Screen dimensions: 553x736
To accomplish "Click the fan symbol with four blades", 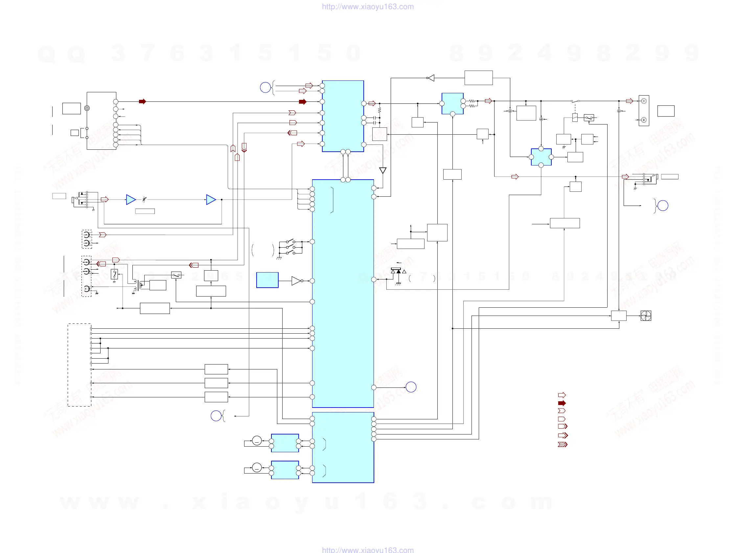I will point(646,316).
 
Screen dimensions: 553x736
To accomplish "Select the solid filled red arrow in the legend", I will point(562,403).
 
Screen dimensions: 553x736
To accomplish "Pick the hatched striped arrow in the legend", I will point(562,444).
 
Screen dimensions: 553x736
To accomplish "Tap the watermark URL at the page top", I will point(368,7).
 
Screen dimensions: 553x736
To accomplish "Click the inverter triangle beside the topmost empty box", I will point(431,78).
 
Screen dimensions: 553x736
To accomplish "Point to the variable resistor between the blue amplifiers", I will point(144,199).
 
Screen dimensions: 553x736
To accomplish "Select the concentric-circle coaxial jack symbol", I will point(87,108).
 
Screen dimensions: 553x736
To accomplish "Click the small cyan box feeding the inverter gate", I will point(267,280).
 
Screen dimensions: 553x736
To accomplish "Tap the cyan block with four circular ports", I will point(541,157).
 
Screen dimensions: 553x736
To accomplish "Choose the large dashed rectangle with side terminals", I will point(79,365).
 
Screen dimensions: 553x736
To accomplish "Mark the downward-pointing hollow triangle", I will point(383,170).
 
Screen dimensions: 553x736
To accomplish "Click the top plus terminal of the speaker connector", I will point(644,101).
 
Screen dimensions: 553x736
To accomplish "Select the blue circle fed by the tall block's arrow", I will point(411,387).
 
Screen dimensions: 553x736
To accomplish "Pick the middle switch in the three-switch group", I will point(290,247).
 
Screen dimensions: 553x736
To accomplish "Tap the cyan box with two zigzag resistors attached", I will point(452,103).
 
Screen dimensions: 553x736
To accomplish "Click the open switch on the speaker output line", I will point(575,101).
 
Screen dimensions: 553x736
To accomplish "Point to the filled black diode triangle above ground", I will point(399,272).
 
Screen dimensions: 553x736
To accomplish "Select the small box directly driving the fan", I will point(619,316).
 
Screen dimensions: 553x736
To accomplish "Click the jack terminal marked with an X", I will point(86,289).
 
